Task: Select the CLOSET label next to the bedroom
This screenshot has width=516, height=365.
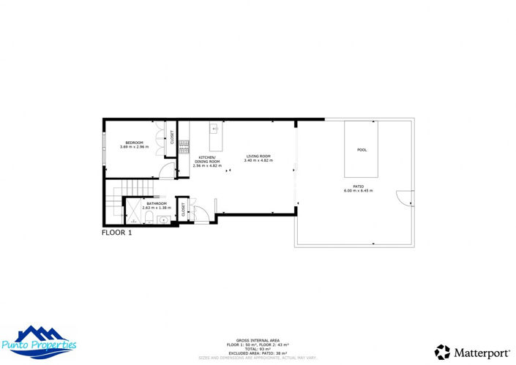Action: [172, 137]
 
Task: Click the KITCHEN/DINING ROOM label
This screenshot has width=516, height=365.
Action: [207, 159]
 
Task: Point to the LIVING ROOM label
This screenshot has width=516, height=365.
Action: [258, 156]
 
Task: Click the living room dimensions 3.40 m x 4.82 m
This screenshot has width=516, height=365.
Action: [258, 161]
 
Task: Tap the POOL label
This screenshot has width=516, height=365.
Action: [362, 150]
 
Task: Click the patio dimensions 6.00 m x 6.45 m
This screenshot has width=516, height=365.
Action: [359, 191]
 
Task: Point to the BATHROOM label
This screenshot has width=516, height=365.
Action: [156, 203]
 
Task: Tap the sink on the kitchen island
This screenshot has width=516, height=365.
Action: [214, 129]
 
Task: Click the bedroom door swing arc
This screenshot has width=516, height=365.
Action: [168, 172]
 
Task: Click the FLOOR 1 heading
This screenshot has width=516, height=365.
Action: [116, 233]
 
